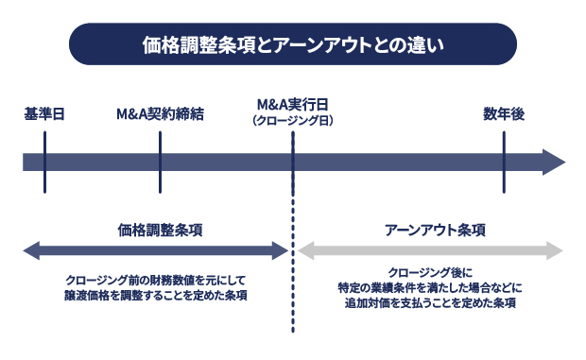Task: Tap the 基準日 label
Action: [x=43, y=115]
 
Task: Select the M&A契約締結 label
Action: [x=160, y=115]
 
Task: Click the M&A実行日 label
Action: [x=292, y=105]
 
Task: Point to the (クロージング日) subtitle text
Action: [x=292, y=121]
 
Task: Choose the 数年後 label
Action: [x=504, y=115]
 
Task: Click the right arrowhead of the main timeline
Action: [x=554, y=162]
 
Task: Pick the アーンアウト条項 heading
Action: [x=436, y=230]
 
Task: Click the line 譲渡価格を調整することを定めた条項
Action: [x=157, y=296]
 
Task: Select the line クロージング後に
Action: [x=430, y=272]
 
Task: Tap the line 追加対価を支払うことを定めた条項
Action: [x=430, y=303]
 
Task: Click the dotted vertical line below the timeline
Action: [x=293, y=283]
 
